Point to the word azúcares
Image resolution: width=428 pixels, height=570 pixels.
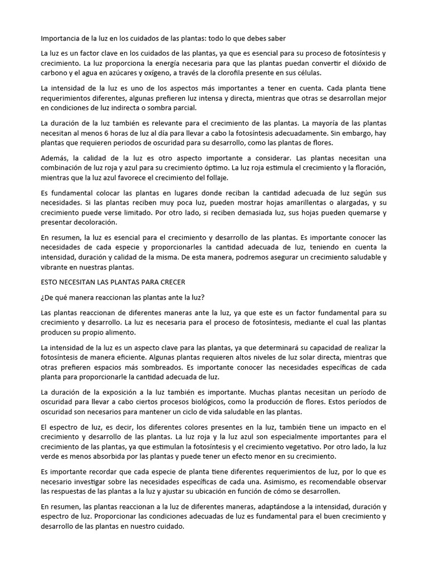click(x=130, y=73)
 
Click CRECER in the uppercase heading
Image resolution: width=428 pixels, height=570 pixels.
click(x=168, y=282)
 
